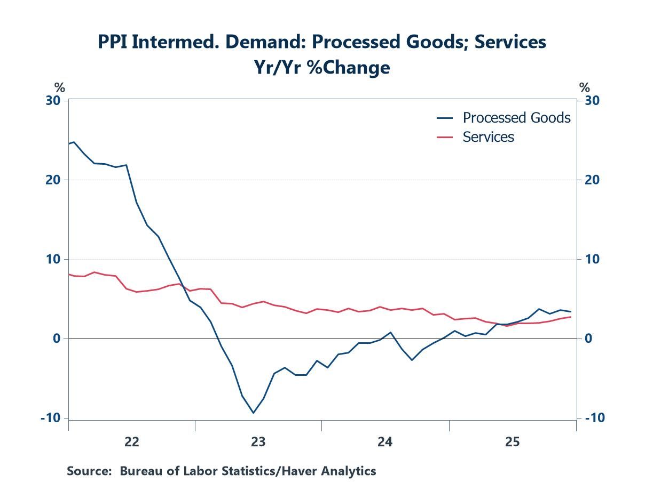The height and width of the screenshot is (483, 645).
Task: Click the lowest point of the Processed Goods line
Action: click(253, 413)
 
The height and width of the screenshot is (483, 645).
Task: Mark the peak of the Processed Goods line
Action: click(74, 142)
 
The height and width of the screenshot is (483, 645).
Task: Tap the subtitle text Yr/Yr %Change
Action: click(321, 68)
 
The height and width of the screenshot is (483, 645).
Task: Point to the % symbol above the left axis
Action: click(59, 87)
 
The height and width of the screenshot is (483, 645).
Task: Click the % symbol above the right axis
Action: click(585, 87)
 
